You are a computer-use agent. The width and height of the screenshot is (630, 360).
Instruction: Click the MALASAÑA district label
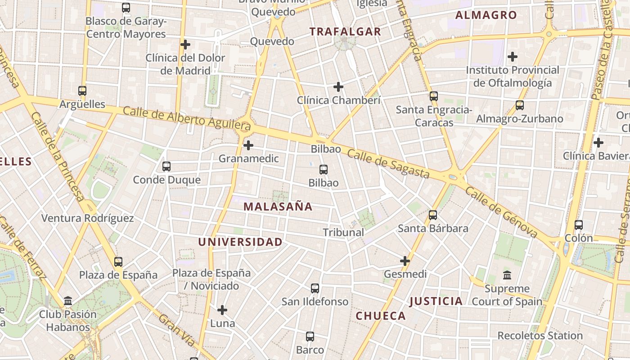(x=278, y=207)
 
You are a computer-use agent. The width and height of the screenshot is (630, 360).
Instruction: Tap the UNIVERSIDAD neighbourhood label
(x=240, y=242)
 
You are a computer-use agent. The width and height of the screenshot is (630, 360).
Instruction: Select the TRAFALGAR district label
(x=345, y=31)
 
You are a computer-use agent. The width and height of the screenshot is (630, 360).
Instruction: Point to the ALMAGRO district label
(x=486, y=15)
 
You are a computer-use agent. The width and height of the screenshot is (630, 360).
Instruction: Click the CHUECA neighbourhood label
(x=381, y=316)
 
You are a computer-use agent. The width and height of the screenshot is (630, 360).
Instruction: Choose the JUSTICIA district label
(x=436, y=301)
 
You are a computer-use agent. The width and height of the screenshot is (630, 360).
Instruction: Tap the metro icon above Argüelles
(x=82, y=91)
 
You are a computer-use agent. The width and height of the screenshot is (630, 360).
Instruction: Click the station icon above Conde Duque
(x=166, y=166)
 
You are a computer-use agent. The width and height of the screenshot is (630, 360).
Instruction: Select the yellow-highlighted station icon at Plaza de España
(x=118, y=261)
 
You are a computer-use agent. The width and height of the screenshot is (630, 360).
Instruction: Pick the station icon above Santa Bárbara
(x=433, y=215)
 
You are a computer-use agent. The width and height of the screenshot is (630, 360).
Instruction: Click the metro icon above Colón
(x=579, y=225)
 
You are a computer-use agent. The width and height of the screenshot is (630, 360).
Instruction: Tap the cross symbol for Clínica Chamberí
(x=338, y=87)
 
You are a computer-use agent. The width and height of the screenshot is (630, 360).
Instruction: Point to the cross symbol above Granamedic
(x=248, y=145)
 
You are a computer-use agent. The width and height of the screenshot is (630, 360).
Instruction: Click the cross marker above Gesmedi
(x=405, y=261)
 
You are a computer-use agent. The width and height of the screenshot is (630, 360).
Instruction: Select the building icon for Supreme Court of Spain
(x=507, y=275)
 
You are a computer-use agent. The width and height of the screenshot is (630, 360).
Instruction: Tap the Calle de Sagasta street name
(x=388, y=164)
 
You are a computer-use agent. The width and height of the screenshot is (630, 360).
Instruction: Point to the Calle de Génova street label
(x=501, y=212)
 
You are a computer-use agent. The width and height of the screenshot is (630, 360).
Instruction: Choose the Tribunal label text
(x=343, y=232)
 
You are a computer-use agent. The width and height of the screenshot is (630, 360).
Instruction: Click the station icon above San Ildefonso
(x=315, y=288)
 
